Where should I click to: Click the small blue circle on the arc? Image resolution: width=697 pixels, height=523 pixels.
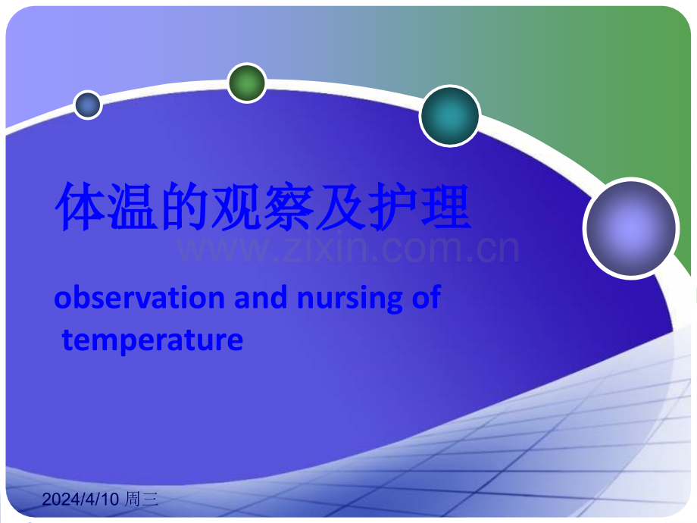tap(88, 105)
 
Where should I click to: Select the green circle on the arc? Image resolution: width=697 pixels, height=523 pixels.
tap(247, 83)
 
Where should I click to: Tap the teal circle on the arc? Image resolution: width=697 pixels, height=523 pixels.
tap(450, 116)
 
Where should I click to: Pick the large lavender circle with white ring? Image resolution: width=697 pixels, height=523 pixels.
tap(631, 229)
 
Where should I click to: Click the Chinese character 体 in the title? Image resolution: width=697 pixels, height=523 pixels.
tap(81, 207)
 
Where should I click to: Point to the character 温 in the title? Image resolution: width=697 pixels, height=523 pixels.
tap(133, 207)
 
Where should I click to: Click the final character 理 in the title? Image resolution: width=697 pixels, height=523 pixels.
tap(446, 207)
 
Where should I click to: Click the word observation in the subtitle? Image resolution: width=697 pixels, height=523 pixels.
tap(139, 298)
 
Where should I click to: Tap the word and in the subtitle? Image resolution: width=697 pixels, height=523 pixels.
tap(261, 298)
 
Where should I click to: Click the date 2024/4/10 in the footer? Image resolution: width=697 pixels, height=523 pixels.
tap(80, 499)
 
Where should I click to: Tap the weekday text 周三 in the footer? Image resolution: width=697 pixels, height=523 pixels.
tap(142, 499)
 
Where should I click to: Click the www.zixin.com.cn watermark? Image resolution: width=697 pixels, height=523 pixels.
tap(348, 249)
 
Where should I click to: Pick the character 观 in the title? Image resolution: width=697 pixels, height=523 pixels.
tap(238, 207)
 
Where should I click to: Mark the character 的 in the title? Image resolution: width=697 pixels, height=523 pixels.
tap(186, 207)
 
